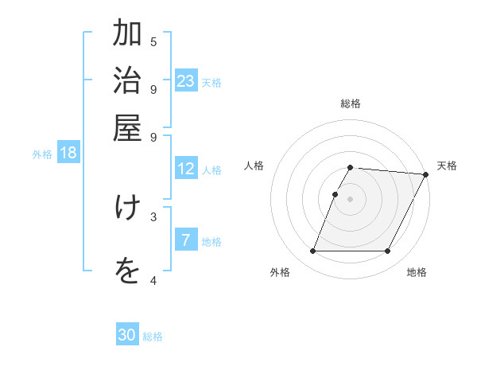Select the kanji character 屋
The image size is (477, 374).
click(x=126, y=127)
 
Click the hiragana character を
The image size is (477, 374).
click(x=126, y=271)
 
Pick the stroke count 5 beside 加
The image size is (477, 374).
click(x=153, y=41)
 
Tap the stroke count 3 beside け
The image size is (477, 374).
click(x=153, y=216)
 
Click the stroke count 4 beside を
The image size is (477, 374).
click(x=153, y=280)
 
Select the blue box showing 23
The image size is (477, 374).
click(x=186, y=80)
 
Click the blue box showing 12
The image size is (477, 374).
click(x=186, y=169)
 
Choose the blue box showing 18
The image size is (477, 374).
click(x=68, y=153)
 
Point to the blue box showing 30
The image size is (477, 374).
click(x=127, y=335)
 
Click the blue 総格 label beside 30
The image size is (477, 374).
click(x=153, y=337)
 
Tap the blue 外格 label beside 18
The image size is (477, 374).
click(x=42, y=154)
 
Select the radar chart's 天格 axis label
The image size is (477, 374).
click(x=447, y=166)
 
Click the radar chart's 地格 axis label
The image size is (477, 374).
click(x=417, y=272)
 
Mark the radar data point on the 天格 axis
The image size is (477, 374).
click(x=425, y=174)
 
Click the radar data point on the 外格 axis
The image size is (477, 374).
click(x=312, y=251)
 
